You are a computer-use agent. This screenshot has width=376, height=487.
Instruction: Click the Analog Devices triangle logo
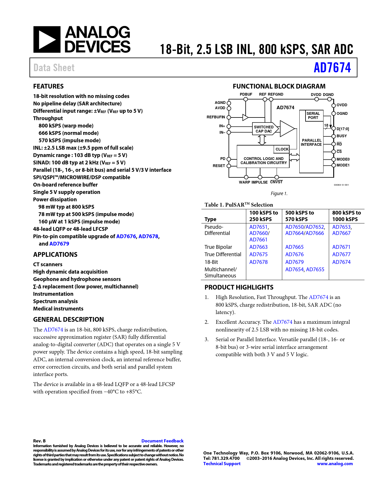[x=47, y=40]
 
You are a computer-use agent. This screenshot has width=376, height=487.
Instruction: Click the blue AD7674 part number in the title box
[x=332, y=68]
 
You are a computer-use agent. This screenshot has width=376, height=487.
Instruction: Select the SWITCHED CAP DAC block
[x=264, y=129]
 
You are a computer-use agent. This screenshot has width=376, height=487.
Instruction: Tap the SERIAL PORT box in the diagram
[x=313, y=115]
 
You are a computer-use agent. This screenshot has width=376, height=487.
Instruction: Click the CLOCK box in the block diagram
[x=282, y=149]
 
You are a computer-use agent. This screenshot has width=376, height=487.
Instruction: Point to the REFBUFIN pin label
[x=216, y=117]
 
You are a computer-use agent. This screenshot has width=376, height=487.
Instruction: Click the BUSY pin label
[x=341, y=136]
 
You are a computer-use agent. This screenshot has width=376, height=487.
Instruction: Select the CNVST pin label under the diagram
[x=276, y=182]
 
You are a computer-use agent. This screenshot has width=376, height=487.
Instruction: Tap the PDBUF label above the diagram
[x=246, y=94]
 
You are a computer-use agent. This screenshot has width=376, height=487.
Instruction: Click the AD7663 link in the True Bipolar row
[x=258, y=247]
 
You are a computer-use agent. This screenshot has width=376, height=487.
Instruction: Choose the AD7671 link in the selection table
[x=341, y=247]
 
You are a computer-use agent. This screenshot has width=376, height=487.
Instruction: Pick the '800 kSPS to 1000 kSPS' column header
[x=346, y=216]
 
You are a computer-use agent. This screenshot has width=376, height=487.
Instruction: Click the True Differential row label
[x=223, y=254]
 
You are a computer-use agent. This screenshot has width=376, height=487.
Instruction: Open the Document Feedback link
[x=162, y=441]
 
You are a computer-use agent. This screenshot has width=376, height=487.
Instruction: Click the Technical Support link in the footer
[x=222, y=464]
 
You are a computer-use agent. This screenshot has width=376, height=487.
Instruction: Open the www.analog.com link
[x=335, y=464]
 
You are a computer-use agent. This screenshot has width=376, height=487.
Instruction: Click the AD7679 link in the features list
[x=59, y=244]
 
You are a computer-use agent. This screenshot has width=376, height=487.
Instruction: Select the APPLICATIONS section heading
[x=55, y=255]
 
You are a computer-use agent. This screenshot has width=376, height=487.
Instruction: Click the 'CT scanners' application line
[x=48, y=264]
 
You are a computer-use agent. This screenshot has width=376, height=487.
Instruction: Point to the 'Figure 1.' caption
[x=279, y=194]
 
